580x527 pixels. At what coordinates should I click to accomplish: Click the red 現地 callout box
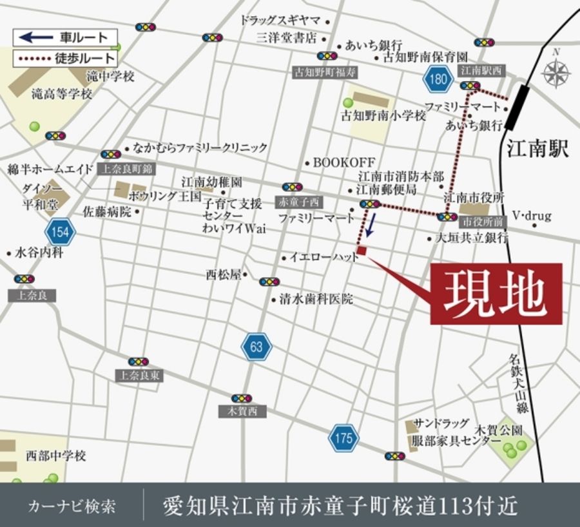(x=496, y=293)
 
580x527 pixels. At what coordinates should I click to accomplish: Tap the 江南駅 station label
(x=537, y=150)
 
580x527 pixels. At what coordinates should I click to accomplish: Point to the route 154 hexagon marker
(x=60, y=231)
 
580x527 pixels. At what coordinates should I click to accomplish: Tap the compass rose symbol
(x=556, y=72)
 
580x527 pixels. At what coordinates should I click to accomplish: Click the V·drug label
(x=532, y=216)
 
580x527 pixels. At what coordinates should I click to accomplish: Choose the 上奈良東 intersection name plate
(x=138, y=376)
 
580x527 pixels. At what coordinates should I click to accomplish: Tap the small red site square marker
(x=362, y=251)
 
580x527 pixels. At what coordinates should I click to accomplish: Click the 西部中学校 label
(x=55, y=456)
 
